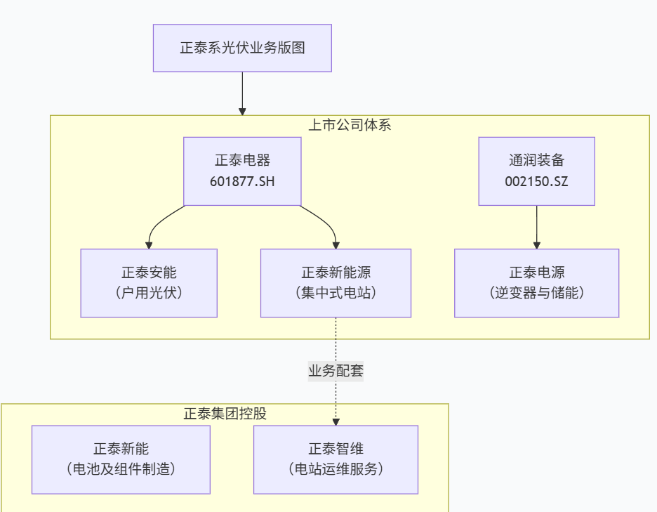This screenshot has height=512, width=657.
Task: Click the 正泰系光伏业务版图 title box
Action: coord(242,48)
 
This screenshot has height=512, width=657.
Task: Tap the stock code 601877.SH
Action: coord(242,181)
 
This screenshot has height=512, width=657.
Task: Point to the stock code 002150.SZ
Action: coord(536,181)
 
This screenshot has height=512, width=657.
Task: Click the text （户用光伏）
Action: coord(148,293)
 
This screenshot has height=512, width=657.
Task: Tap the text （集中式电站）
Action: coord(336,293)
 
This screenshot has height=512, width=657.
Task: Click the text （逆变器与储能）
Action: coord(536,293)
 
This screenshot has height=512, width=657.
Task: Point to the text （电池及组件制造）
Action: coord(121,469)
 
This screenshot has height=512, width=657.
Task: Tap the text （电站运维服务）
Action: coord(336,469)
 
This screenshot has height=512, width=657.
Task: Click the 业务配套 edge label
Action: coord(336,371)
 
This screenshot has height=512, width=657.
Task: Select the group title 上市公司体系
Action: coord(350,126)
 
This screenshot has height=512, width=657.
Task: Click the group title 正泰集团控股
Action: coord(225,414)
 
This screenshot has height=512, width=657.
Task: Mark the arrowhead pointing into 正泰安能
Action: coord(149,244)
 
